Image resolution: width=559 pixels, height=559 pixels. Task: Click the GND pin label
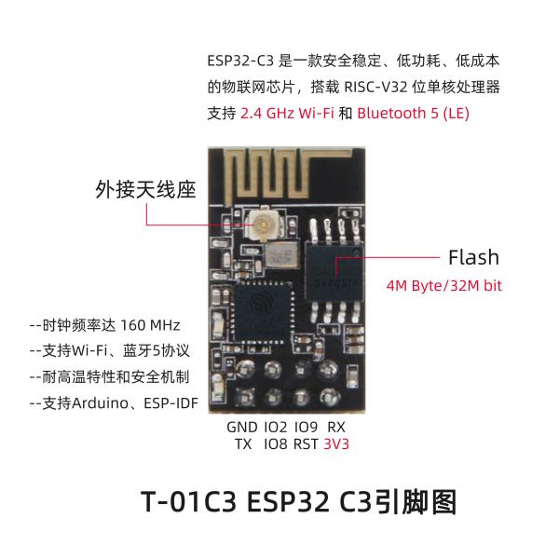pos(241,427)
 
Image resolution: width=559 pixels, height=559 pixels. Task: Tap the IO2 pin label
pos(275,427)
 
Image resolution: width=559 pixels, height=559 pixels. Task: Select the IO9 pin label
pos(306,427)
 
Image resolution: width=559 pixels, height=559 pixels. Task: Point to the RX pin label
pos(336,427)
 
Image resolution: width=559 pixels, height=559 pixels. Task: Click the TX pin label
pos(243,444)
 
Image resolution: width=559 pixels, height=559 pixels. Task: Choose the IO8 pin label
pos(275,444)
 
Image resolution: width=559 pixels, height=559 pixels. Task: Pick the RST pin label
pos(306,444)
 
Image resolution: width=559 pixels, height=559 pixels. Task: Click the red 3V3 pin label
pos(336,444)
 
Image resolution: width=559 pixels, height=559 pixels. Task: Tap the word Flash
pos(473,257)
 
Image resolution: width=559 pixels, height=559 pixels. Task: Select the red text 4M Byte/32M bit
pos(443,286)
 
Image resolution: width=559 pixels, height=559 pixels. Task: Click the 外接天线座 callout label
pos(145,189)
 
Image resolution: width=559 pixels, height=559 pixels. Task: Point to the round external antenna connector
pos(264,225)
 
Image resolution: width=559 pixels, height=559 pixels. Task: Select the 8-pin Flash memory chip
pos(334,272)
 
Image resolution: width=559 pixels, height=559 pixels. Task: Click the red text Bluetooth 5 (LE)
pos(413,114)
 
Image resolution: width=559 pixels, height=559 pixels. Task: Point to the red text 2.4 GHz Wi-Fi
pos(287,114)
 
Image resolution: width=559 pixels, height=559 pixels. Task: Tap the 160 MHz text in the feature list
pos(150,325)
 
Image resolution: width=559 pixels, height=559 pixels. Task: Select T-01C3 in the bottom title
pos(189,502)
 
